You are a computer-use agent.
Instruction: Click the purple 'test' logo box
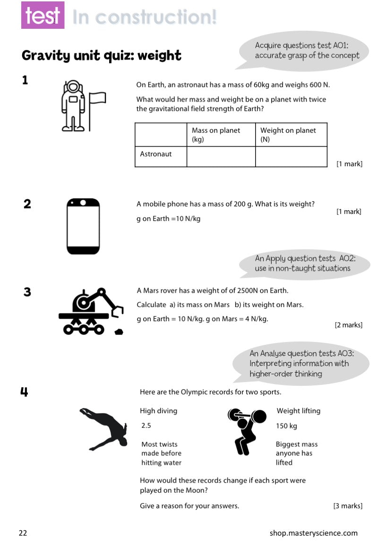43,15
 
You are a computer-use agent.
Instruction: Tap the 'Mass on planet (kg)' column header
221,135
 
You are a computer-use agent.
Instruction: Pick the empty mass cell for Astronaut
221,156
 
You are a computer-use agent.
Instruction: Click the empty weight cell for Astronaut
291,156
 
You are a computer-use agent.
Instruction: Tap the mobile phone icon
83,226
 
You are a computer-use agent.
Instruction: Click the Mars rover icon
91,311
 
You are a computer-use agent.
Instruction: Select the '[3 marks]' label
348,506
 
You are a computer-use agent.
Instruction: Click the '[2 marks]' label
348,325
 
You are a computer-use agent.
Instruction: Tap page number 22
23,533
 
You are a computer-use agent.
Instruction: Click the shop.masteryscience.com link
314,533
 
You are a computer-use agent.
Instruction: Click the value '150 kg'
287,426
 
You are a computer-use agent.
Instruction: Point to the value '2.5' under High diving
146,426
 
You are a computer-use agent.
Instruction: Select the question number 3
27,292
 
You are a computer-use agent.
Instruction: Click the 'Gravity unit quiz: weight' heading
102,56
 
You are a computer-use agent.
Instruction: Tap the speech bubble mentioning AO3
301,364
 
